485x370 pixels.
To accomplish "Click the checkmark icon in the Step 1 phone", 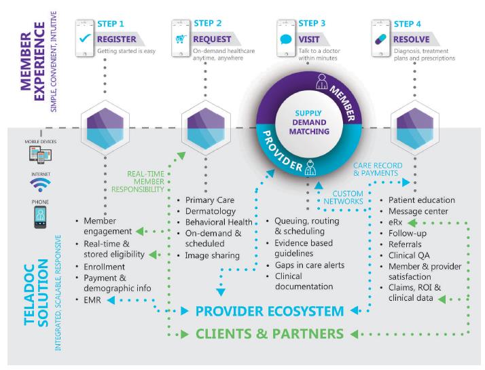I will (86, 39).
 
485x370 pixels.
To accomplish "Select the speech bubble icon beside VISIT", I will (286, 39).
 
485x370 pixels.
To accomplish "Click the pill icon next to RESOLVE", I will (380, 39).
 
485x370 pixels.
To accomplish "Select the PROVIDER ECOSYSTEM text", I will (269, 312).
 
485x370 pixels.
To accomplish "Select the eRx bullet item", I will (396, 222).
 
